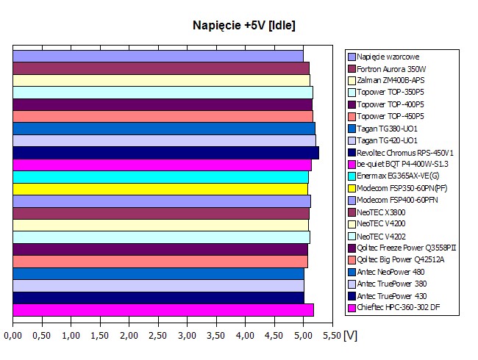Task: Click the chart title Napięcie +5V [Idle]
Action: (x=243, y=26)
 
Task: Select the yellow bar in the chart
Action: (x=160, y=189)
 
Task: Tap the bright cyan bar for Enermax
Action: (x=160, y=177)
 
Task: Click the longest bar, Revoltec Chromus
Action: (x=165, y=153)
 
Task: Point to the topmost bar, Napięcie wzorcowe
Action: (x=158, y=56)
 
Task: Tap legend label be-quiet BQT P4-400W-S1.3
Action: (x=403, y=164)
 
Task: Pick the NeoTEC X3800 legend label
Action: (x=381, y=212)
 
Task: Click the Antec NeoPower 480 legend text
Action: (x=390, y=271)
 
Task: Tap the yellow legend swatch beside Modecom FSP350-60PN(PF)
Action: (x=352, y=188)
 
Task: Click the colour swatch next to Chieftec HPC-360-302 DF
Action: (x=352, y=307)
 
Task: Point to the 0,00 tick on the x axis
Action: (x=13, y=336)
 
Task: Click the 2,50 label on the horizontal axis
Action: (x=158, y=336)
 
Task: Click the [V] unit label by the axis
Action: (x=351, y=335)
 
